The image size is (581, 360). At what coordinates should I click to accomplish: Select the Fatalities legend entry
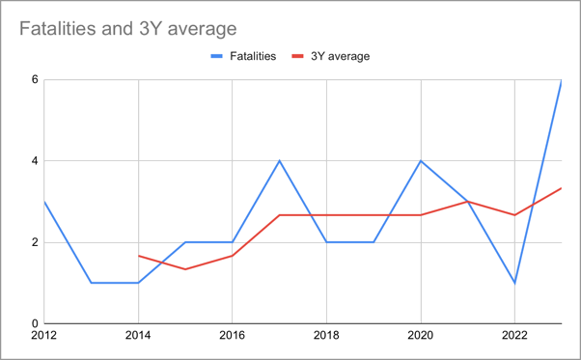(x=243, y=56)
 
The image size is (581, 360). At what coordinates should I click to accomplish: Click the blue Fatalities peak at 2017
(x=280, y=160)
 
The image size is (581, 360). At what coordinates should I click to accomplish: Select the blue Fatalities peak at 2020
(x=421, y=160)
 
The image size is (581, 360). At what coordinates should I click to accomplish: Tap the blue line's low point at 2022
(x=514, y=283)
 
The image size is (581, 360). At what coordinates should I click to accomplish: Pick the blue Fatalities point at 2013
(x=92, y=283)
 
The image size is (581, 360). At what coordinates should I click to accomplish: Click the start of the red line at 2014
(x=139, y=256)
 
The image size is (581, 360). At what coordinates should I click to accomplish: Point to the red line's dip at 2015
(x=185, y=269)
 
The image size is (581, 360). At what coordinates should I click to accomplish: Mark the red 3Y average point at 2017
(x=280, y=215)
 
